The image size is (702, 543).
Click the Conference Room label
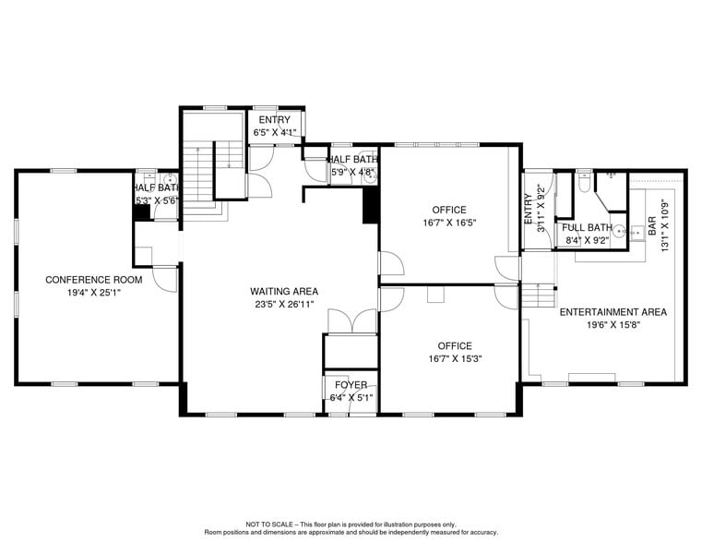click(93, 280)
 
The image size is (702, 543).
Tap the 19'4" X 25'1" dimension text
click(93, 293)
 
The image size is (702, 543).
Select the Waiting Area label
click(283, 292)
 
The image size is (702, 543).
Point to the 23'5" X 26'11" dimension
click(283, 305)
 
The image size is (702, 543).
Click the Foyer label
click(350, 386)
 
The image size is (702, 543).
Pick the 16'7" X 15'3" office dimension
click(448, 359)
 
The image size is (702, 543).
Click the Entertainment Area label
click(613, 312)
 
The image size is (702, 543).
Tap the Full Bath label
click(586, 228)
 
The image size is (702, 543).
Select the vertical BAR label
click(652, 225)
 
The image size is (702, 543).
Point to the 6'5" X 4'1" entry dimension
click(274, 133)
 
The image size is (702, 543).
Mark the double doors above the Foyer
click(351, 320)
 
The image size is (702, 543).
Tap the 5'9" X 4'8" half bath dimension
click(351, 172)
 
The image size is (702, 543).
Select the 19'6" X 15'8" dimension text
click(613, 325)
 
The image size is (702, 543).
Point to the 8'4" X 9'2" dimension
click(586, 241)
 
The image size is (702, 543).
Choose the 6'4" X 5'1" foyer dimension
click(350, 398)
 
